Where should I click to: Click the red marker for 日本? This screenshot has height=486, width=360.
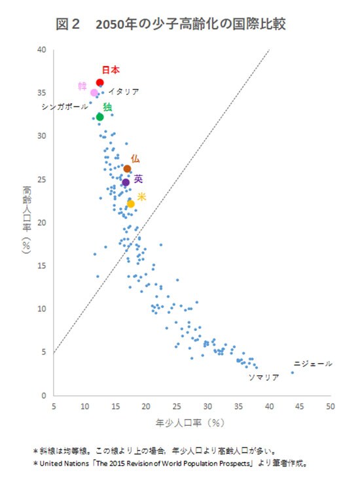click(99, 82)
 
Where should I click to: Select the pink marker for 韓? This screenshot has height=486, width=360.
click(94, 93)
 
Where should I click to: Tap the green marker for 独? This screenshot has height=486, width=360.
click(99, 117)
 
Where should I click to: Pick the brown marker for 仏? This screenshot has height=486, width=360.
click(127, 169)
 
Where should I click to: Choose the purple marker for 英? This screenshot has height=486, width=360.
click(126, 182)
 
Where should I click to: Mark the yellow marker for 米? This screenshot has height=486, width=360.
click(131, 204)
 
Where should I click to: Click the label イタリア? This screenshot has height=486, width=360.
click(124, 92)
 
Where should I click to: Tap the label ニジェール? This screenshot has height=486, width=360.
click(313, 364)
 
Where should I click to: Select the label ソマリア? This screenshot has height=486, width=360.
click(264, 377)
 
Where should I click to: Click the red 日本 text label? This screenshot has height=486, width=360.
click(111, 69)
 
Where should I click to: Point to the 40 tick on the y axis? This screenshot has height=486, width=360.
click(41, 50)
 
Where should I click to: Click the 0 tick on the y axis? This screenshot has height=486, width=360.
click(43, 396)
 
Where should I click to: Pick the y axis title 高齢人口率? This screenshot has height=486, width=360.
click(27, 206)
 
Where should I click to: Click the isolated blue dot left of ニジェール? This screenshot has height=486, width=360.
click(293, 372)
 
